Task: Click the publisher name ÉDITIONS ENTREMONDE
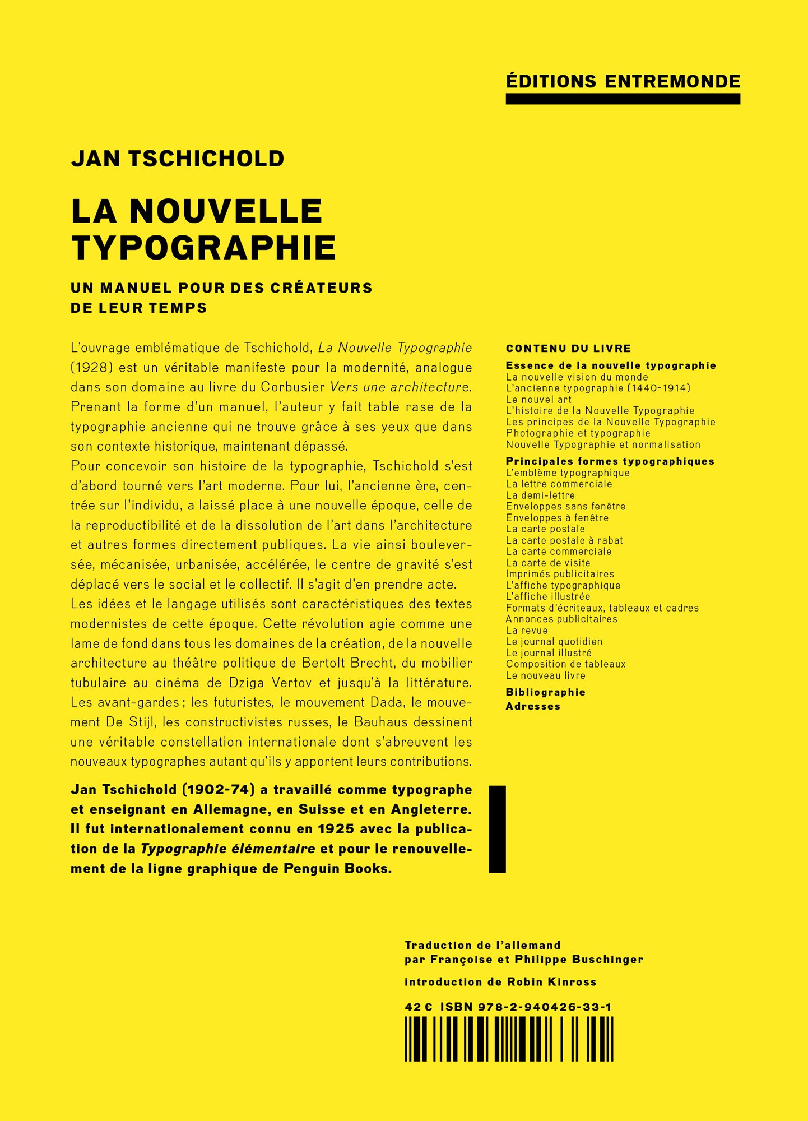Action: [x=623, y=82]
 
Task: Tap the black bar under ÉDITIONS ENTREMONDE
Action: [x=623, y=99]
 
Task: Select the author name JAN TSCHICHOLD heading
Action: [x=178, y=159]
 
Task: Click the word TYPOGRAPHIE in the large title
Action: [x=203, y=248]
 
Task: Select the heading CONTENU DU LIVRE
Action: [x=568, y=349]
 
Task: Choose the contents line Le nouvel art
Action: [x=538, y=400]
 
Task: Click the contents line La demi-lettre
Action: [x=540, y=495]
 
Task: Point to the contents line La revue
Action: [x=527, y=631]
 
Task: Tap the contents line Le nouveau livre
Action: [x=546, y=675]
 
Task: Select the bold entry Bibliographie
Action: [x=545, y=692]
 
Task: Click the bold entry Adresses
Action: [x=533, y=706]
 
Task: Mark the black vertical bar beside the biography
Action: [x=497, y=829]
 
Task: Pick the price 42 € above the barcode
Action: [x=418, y=1007]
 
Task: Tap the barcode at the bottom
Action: [x=509, y=1039]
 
